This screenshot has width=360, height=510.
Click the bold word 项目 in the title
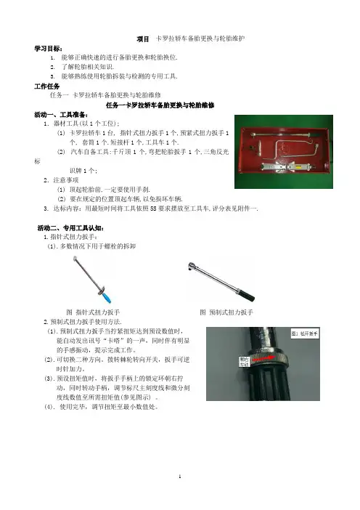(x=143, y=39)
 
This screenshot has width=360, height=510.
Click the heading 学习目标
(x=49, y=49)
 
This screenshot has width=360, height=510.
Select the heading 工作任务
(x=47, y=86)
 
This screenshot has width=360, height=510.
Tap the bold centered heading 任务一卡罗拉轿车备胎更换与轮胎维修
(x=160, y=105)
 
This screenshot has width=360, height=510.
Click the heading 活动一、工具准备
(x=61, y=115)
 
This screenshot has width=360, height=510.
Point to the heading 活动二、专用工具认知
(x=71, y=228)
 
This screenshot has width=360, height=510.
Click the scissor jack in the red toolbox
(x=287, y=166)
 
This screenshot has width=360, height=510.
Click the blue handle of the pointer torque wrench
(x=107, y=298)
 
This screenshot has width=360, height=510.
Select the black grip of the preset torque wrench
(x=247, y=295)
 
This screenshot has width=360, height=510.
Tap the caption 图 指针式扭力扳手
(x=93, y=312)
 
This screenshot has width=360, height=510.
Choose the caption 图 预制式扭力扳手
(x=226, y=312)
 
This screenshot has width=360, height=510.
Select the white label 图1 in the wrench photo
(x=304, y=333)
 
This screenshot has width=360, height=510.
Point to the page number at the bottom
(x=180, y=477)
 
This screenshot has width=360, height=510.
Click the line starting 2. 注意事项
(x=61, y=180)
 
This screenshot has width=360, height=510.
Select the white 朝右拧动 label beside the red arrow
(x=245, y=362)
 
